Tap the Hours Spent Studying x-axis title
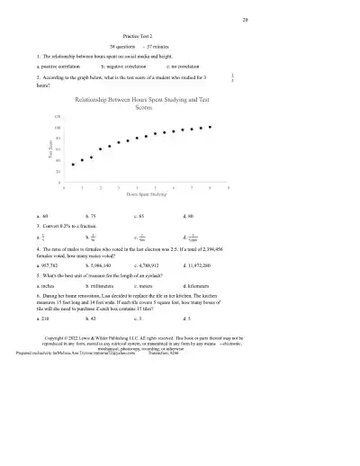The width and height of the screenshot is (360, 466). [x=145, y=193]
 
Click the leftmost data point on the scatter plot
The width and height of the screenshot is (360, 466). [x=71, y=165]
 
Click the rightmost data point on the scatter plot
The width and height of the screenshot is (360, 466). [x=210, y=127]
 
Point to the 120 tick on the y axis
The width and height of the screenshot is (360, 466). [x=57, y=117]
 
